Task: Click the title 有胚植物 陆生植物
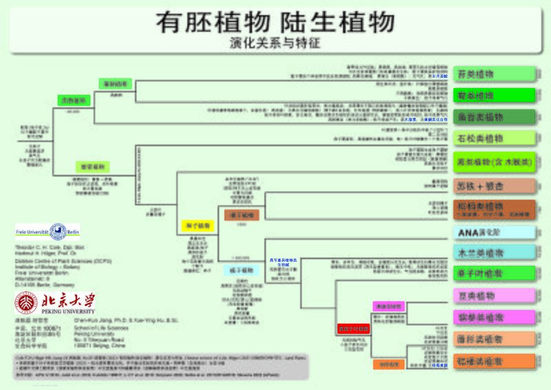click(275, 22)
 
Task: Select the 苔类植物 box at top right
click(495, 73)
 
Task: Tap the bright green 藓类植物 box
click(495, 94)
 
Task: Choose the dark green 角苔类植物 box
click(495, 116)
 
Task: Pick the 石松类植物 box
click(495, 138)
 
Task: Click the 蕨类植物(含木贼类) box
click(495, 162)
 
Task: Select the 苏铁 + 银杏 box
click(495, 185)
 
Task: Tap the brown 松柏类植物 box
click(495, 209)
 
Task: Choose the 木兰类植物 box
click(495, 253)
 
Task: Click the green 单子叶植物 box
click(495, 274)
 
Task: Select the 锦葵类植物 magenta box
click(495, 317)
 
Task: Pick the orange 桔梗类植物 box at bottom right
click(495, 360)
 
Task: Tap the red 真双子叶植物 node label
click(354, 329)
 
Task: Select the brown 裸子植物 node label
click(239, 215)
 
